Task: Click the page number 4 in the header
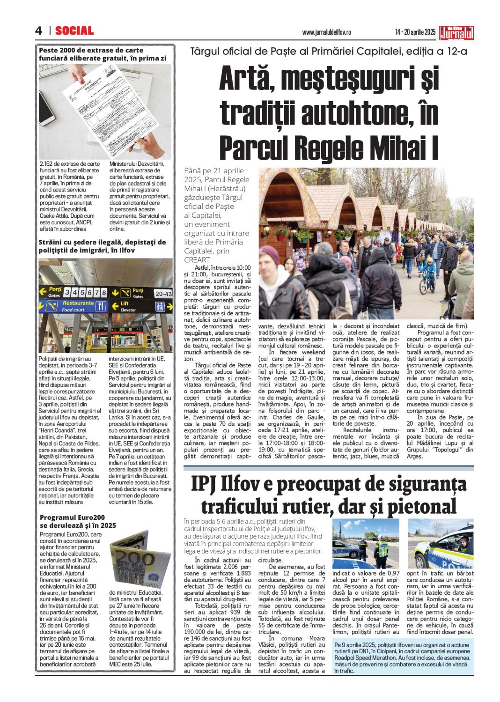pyautogui.click(x=38, y=31)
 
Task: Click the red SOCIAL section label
pyautogui.click(x=74, y=31)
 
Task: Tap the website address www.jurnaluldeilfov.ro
pyautogui.click(x=326, y=32)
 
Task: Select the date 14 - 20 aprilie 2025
pyautogui.click(x=415, y=32)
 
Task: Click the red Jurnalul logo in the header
pyautogui.click(x=456, y=33)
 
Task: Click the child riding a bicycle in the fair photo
pyautogui.click(x=427, y=275)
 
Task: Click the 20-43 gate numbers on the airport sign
pyautogui.click(x=163, y=294)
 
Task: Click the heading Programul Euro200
pyautogui.click(x=72, y=517)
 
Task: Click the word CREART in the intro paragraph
pyautogui.click(x=198, y=259)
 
